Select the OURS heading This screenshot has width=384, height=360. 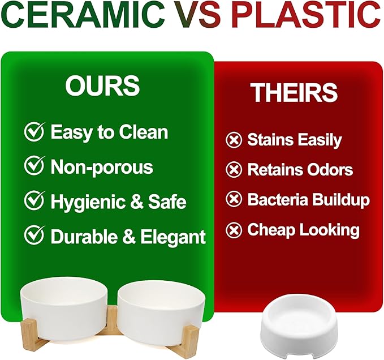pyautogui.click(x=102, y=85)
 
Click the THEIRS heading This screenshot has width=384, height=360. pyautogui.click(x=295, y=92)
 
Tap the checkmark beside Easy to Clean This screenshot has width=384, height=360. pyautogui.click(x=34, y=131)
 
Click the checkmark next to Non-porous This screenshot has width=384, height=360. pyautogui.click(x=34, y=166)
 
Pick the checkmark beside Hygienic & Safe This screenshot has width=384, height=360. pyautogui.click(x=34, y=200)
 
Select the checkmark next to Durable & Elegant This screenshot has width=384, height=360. pyautogui.click(x=34, y=235)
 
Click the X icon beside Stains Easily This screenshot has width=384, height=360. pyautogui.click(x=234, y=140)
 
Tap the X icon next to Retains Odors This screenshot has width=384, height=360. pyautogui.click(x=234, y=169)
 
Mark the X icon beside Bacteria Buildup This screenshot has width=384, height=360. pyautogui.click(x=234, y=199)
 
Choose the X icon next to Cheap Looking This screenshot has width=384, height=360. pyautogui.click(x=234, y=230)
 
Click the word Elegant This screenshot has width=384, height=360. pyautogui.click(x=173, y=238)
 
